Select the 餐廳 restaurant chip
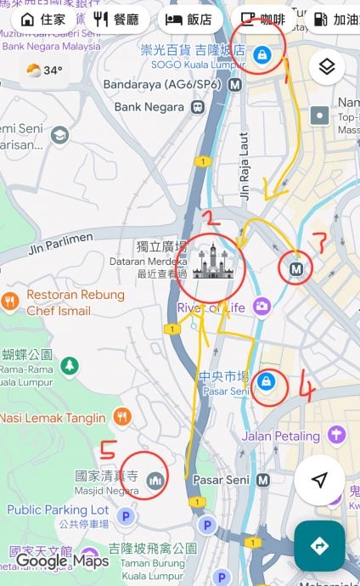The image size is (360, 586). [116, 19]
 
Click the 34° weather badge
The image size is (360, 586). [44, 70]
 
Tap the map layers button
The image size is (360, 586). [327, 66]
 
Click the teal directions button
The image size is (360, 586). [319, 546]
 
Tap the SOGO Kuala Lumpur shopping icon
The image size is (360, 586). [262, 54]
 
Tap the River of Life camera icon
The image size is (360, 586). [262, 306]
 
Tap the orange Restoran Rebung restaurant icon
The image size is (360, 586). [10, 300]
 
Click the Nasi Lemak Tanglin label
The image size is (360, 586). [53, 417]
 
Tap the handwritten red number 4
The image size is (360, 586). [307, 390]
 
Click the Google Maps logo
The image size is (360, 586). [61, 561]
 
